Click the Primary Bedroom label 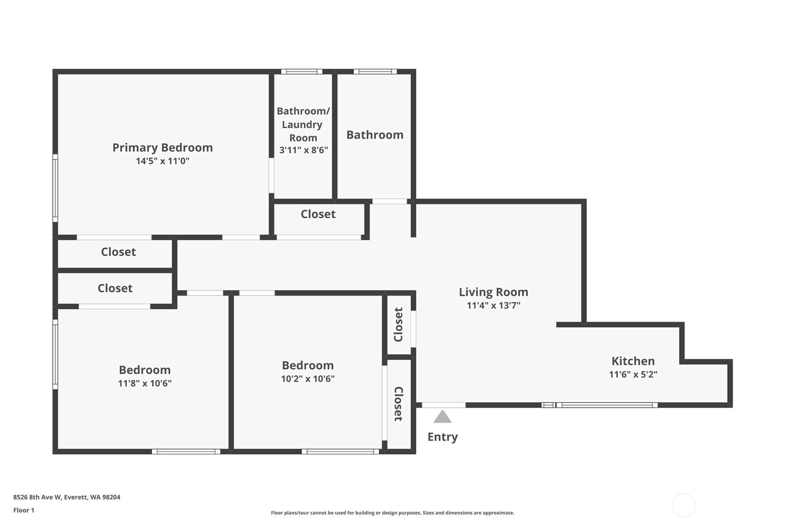coord(162,148)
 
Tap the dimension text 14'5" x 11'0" coord(162,161)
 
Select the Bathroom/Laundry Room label coord(303,124)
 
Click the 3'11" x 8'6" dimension coord(303,150)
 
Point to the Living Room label coord(493,292)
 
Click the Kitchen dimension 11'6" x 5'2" coord(633,374)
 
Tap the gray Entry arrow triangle coord(442,417)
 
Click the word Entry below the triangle coord(442,437)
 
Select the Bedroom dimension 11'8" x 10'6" coord(145,383)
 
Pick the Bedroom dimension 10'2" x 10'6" coord(308,378)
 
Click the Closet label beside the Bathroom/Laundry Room coord(318,214)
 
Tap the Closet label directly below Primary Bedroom coord(118,252)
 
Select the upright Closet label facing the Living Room coord(398,324)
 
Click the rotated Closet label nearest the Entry coord(398,404)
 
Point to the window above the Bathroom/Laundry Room coord(302,72)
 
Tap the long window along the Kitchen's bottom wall coord(606,405)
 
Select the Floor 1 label coord(24,510)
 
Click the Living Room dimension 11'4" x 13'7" coord(493,305)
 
